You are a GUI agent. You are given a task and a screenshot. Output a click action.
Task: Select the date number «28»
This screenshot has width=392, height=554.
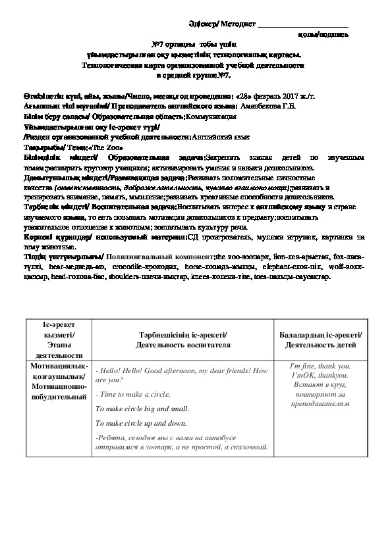(x=242, y=95)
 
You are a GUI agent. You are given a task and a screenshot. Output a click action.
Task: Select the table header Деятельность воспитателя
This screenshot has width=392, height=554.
(x=182, y=345)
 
